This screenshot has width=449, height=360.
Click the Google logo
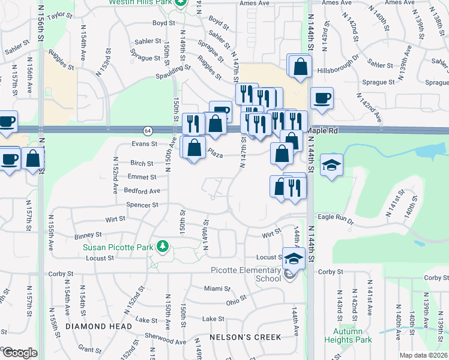pyautogui.click(x=19, y=353)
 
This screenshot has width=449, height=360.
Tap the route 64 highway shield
pyautogui.click(x=147, y=130)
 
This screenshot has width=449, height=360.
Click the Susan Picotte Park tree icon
pyautogui.click(x=161, y=246)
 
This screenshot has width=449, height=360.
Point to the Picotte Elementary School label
pyautogui.click(x=246, y=274)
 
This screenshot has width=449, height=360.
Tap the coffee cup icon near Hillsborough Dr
pyautogui.click(x=322, y=98)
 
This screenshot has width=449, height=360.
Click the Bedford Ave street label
pyautogui.click(x=142, y=191)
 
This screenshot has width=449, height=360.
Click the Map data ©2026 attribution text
pyautogui.click(x=423, y=355)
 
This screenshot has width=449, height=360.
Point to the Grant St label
pyautogui.click(x=89, y=349)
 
